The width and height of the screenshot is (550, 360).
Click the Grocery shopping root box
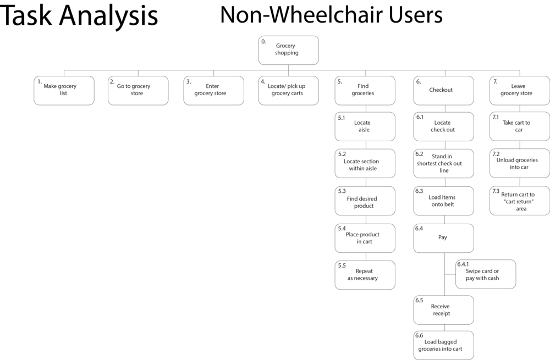pyautogui.click(x=288, y=50)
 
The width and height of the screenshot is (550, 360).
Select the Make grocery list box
pyautogui.click(x=64, y=91)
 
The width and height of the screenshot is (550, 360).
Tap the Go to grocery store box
pyautogui.click(x=138, y=91)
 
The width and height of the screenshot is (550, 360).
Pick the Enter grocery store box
pyautogui.click(x=213, y=91)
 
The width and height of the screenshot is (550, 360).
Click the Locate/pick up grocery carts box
pyautogui.click(x=289, y=91)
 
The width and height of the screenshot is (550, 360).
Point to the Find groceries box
pyautogui.click(x=365, y=91)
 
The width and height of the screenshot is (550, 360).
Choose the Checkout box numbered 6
pyautogui.click(x=444, y=91)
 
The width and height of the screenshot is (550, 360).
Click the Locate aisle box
pyautogui.click(x=365, y=126)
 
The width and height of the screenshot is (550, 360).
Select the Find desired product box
pyautogui.click(x=365, y=201)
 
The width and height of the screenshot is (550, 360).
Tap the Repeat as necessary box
pyautogui.click(x=365, y=275)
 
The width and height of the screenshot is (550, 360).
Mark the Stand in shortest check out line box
pyautogui.click(x=444, y=164)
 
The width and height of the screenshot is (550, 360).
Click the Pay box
pyautogui.click(x=444, y=239)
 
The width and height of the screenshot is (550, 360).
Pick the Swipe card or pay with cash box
pyautogui.click(x=486, y=274)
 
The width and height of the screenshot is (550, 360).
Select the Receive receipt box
pyautogui.click(x=444, y=310)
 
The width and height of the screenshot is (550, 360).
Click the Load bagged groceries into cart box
pyautogui.click(x=444, y=345)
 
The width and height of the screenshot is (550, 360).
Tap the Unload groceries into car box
pyautogui.click(x=520, y=163)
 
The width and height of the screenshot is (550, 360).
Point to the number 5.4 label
pyautogui.click(x=342, y=229)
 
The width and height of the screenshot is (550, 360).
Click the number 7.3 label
pyautogui.click(x=496, y=191)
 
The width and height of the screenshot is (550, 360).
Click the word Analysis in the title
pyautogui.click(x=108, y=16)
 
